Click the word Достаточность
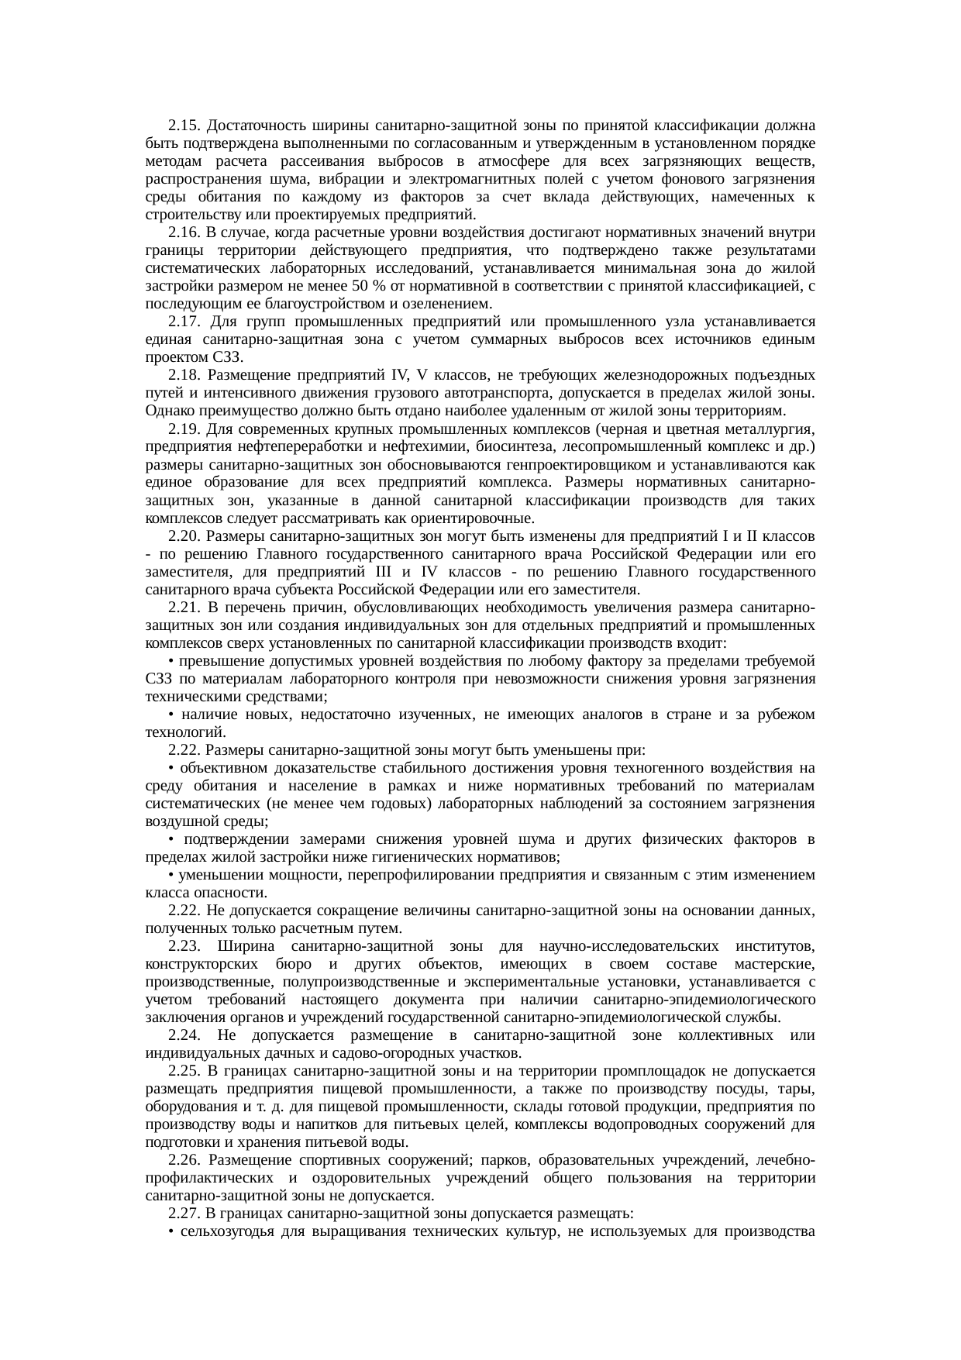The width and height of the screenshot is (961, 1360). coord(257,126)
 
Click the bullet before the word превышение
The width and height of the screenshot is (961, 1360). coord(170,662)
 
